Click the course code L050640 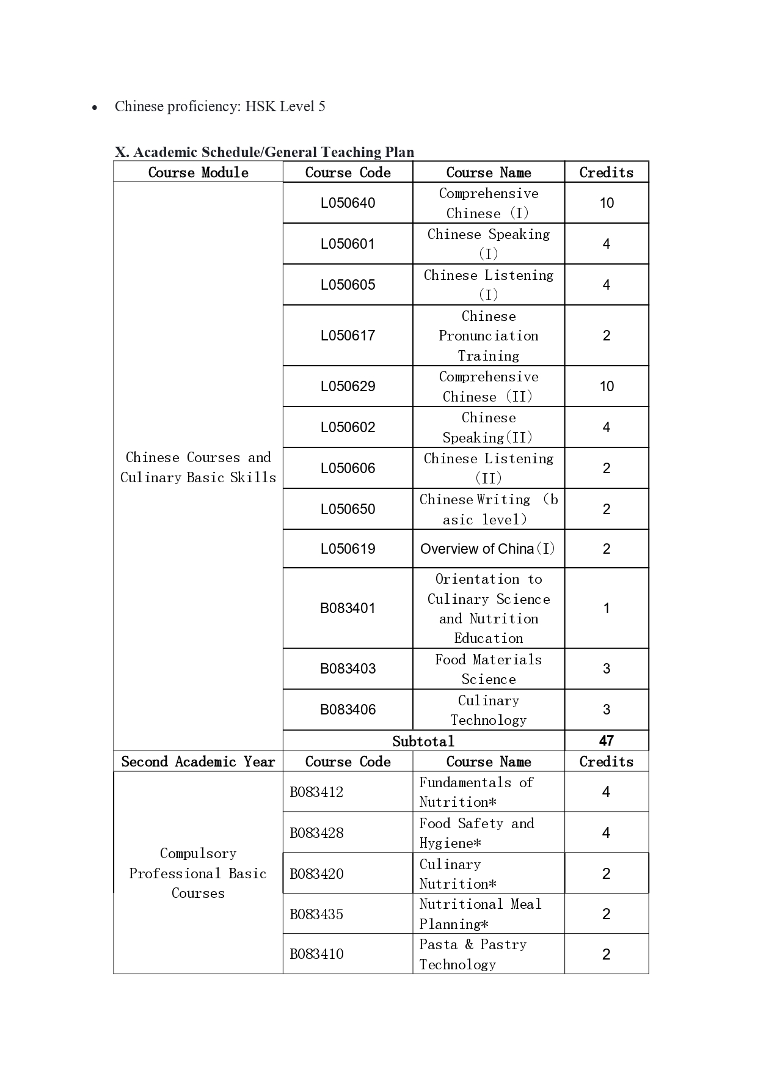pos(348,203)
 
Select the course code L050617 pos(348,336)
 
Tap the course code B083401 pos(348,608)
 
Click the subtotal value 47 pos(606,741)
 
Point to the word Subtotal pos(423,741)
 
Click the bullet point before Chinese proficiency pos(94,108)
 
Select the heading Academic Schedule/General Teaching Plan pos(264,152)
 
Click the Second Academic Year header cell pos(198,762)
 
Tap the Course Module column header pos(198,172)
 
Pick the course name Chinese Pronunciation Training pos(489,336)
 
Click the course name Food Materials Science pos(489,669)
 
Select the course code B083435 pos(316,914)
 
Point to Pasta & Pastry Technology pos(473,954)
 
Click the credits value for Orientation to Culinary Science pos(606,608)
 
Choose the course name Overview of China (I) pos(488,549)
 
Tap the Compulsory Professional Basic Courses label pos(198,873)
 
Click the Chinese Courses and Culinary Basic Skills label pos(198,468)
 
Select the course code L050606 pos(348,468)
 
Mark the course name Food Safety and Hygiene pos(476,833)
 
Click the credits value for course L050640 pos(606,203)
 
